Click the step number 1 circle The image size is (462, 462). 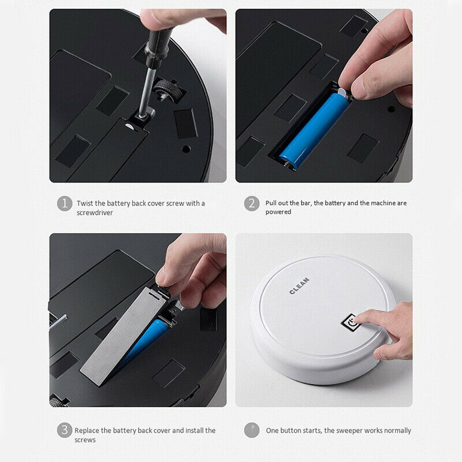point(64,203)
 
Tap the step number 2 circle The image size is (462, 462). point(251,203)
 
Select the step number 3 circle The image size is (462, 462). point(64,430)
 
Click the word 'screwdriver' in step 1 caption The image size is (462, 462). point(95,212)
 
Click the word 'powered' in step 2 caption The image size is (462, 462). point(278,212)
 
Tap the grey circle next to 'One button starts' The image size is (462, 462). point(251,430)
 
